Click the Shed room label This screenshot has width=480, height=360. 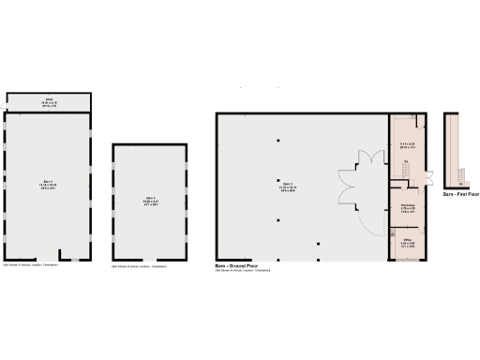point(50,99)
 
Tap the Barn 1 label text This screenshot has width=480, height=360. point(48,185)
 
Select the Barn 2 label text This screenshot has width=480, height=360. point(150,201)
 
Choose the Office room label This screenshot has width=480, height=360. point(408,241)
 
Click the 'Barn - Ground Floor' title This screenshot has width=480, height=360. point(240,267)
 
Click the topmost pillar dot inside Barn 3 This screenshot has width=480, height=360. point(277,141)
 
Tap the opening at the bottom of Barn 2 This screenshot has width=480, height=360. point(150,261)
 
